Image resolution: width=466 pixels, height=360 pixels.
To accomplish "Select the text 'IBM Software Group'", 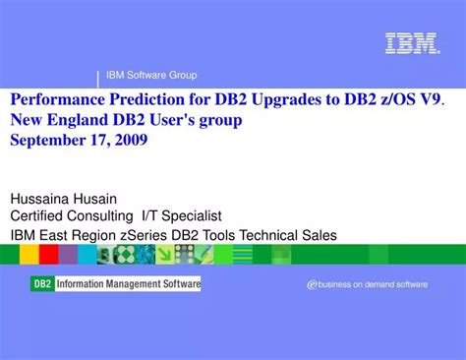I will (x=151, y=76).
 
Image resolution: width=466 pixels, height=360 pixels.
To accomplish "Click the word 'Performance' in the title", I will (x=55, y=100).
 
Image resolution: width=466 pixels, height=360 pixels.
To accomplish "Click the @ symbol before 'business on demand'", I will (x=313, y=284).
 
